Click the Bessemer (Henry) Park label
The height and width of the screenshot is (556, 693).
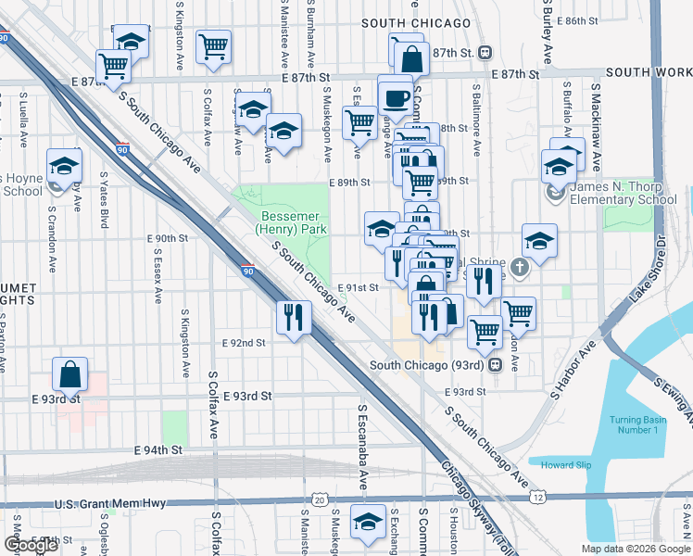[x=283, y=222]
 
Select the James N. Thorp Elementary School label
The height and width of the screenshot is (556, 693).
[x=623, y=193]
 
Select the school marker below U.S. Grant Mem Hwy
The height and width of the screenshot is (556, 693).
[x=369, y=522]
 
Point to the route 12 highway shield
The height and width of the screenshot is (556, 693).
[x=538, y=499]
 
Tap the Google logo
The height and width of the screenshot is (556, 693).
[x=31, y=545]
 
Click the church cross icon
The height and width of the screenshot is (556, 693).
[x=521, y=268]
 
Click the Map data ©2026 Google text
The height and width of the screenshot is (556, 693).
[x=635, y=549]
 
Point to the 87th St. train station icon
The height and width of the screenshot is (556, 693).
[x=485, y=53]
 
